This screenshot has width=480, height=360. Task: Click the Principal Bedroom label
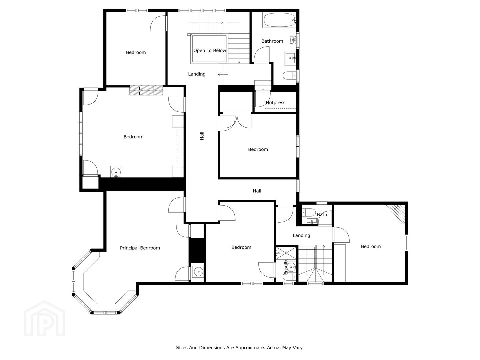[x=140, y=248]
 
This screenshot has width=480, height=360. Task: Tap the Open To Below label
[x=209, y=50]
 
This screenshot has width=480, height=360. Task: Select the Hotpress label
[x=276, y=103]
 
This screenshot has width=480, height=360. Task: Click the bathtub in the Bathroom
[x=279, y=20]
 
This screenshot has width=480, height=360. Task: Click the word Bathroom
[x=272, y=41]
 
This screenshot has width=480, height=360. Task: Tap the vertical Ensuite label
[x=286, y=267]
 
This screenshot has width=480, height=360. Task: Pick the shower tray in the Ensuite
[x=286, y=253]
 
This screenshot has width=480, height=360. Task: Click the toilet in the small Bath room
[x=308, y=212]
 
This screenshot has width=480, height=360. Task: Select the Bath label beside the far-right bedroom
[x=322, y=215]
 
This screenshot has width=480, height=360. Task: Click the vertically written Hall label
[x=202, y=136]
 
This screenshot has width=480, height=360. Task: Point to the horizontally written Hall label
[x=257, y=191]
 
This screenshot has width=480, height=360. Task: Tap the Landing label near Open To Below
[x=197, y=74]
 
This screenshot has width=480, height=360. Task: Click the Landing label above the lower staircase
[x=301, y=235]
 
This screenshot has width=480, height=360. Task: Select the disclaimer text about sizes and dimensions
[x=240, y=347]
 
